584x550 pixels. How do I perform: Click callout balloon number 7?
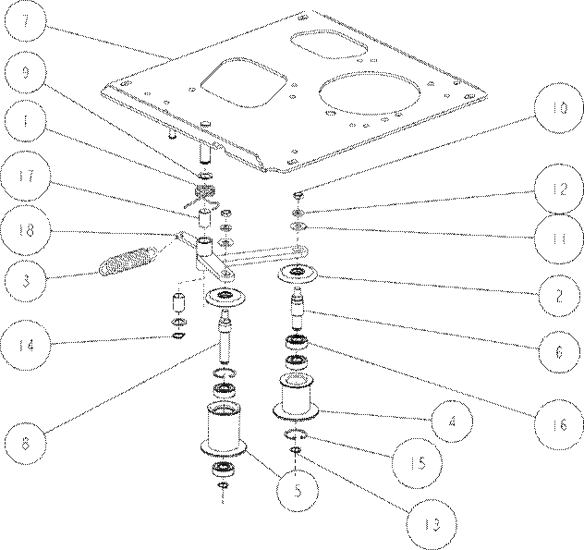tap(25, 21)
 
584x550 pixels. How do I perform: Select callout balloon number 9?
tap(25, 72)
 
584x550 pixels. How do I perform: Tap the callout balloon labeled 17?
tap(25, 176)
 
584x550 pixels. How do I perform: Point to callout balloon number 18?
tap(25, 229)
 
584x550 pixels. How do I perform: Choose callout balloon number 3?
tap(25, 281)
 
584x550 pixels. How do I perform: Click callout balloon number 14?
tap(25, 346)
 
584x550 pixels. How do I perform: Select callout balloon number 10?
tap(559, 108)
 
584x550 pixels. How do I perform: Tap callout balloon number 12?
tap(559, 189)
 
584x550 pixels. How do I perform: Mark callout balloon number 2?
tap(559, 296)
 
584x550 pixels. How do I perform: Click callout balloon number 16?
tap(559, 424)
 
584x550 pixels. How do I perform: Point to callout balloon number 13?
tap(432, 524)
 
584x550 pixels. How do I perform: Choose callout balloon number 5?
tap(298, 490)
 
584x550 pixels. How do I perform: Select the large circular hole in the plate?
tap(370, 94)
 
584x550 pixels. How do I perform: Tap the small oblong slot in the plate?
tap(329, 44)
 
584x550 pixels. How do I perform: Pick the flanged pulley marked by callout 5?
tap(224, 430)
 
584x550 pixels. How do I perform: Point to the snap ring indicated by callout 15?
tap(296, 434)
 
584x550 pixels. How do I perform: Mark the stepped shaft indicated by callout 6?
tap(297, 309)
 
